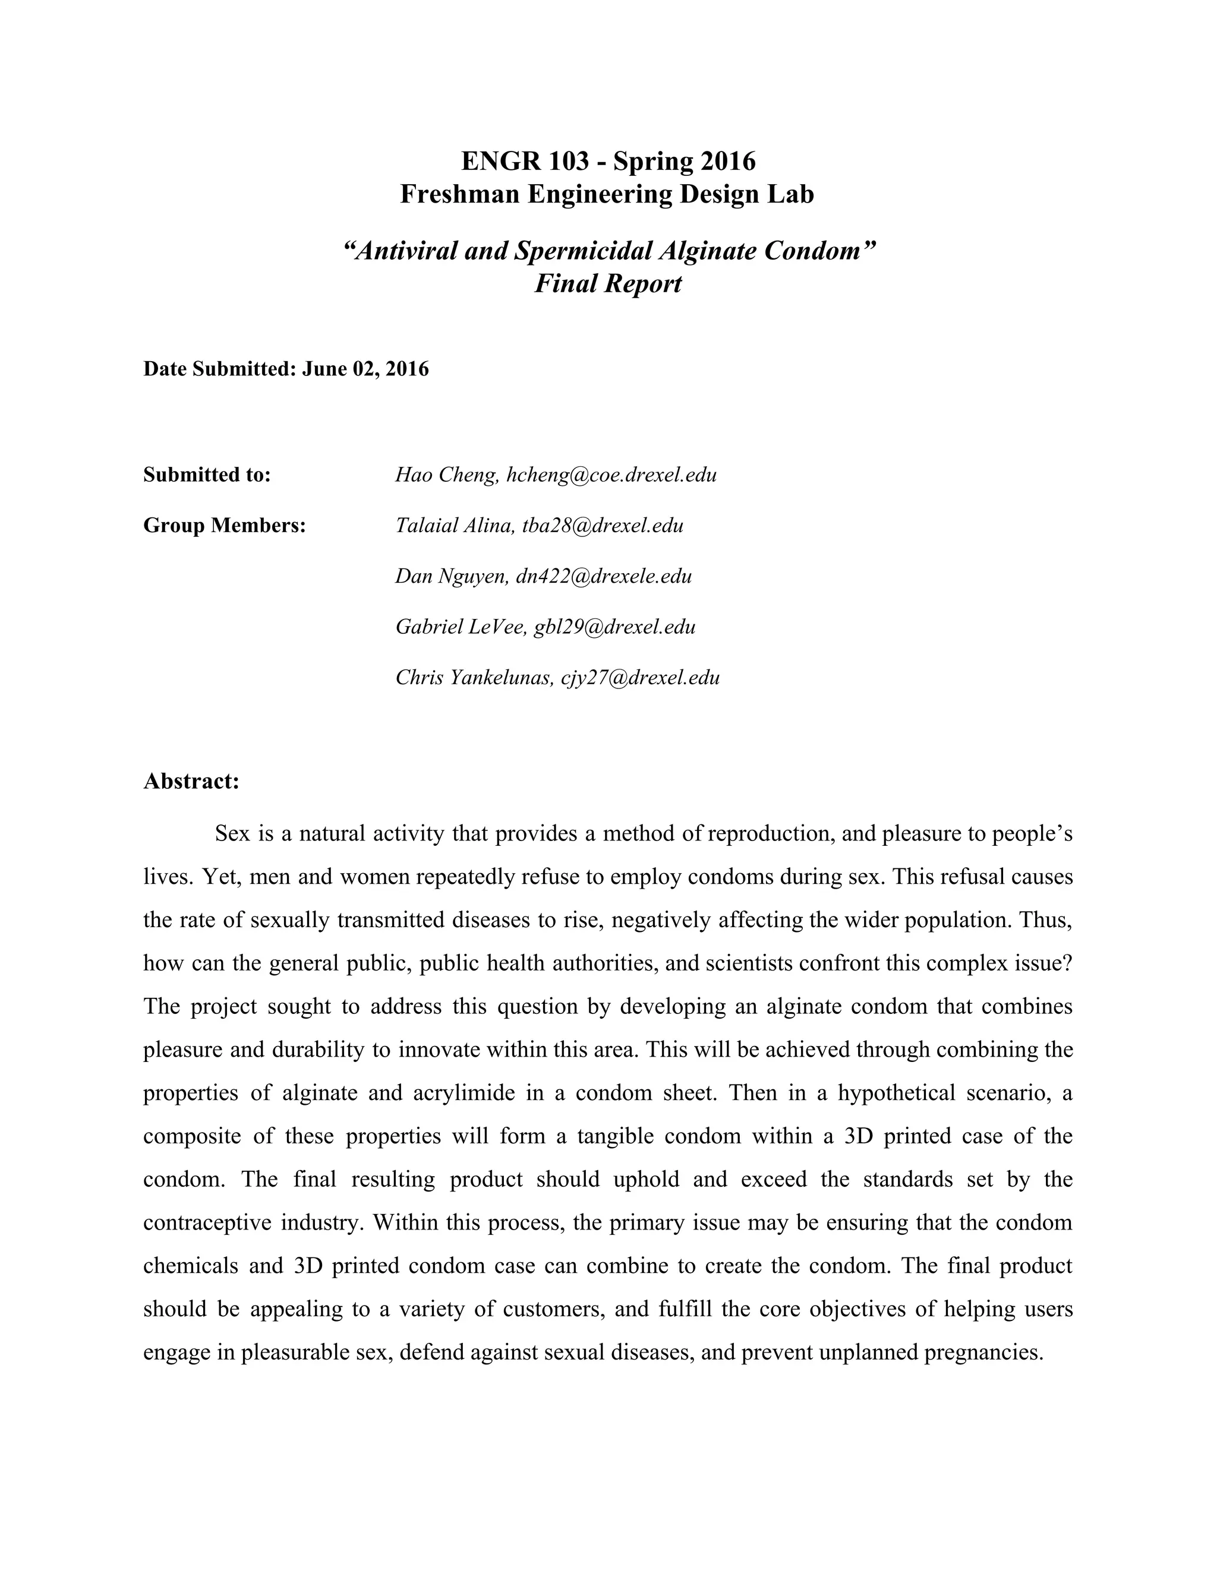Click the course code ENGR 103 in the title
coord(524,161)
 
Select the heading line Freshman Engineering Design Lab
coord(607,194)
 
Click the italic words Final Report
coord(607,283)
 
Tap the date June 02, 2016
coord(365,369)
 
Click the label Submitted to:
coord(207,475)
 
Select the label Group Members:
coord(225,526)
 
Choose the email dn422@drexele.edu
coord(604,576)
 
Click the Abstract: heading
coord(191,781)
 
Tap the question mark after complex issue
coord(1068,963)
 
